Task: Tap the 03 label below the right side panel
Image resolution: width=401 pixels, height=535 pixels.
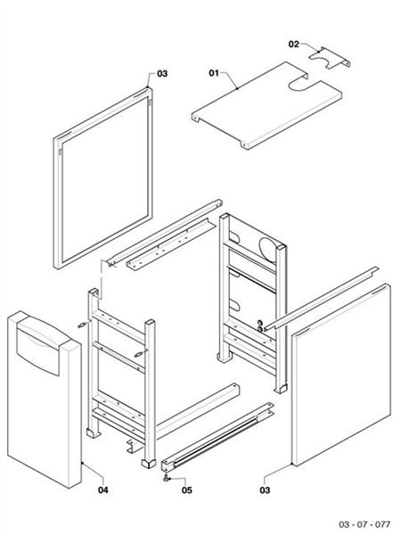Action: coord(266,490)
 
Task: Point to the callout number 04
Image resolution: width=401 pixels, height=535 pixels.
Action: coord(103,490)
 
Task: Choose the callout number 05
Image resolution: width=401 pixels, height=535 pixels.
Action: coord(186,490)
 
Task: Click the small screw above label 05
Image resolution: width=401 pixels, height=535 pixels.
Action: coord(167,478)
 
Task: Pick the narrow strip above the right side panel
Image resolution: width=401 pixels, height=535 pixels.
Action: coord(321,293)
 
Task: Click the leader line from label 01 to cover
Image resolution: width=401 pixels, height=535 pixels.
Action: coord(231,79)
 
